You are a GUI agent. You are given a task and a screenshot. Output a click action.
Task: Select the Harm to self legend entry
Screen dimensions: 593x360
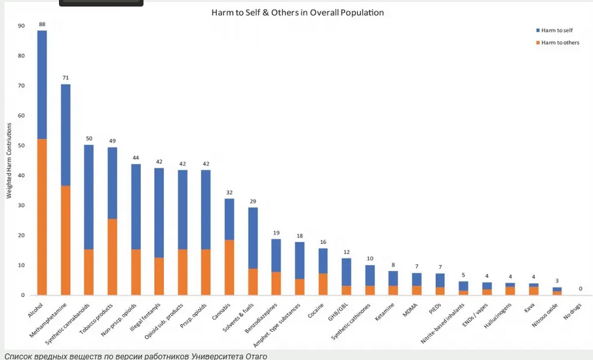[x=554, y=30]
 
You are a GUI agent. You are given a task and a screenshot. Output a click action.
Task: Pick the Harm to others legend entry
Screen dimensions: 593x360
[x=558, y=43]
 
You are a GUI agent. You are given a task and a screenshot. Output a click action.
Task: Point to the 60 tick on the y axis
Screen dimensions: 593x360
[x=21, y=115]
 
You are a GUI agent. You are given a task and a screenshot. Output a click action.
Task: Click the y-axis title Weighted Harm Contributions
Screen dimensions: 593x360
[x=9, y=161]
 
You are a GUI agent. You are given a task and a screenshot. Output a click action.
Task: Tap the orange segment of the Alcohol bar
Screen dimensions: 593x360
[x=42, y=217]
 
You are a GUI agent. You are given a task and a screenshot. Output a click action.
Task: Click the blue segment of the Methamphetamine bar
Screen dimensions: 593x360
[x=66, y=135]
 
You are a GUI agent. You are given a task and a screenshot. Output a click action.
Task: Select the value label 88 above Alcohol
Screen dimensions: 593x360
[x=42, y=24]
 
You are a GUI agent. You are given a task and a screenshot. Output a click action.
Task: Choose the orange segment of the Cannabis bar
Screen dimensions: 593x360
[x=229, y=268]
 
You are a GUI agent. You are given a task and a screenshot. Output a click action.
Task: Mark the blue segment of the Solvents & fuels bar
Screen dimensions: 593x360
[x=253, y=238]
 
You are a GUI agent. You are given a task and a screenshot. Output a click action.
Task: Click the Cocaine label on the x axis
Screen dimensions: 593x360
[x=316, y=311]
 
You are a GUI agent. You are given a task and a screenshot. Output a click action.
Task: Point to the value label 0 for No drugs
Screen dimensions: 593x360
[x=581, y=289]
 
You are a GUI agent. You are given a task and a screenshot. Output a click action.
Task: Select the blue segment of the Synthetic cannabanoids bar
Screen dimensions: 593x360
[x=89, y=197]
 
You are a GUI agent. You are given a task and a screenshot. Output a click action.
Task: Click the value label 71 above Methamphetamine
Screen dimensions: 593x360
[x=66, y=78]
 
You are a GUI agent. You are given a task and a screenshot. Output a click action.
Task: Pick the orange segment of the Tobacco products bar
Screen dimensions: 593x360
[x=112, y=256]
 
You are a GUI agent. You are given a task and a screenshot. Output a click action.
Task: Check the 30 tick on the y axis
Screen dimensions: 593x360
[x=21, y=205]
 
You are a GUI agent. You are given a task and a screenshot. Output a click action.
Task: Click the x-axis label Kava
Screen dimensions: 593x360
[x=529, y=308]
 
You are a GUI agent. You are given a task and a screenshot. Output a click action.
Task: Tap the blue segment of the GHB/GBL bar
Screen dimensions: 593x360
[x=347, y=271]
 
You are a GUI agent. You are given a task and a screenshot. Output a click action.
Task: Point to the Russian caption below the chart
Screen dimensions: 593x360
[x=136, y=356]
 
